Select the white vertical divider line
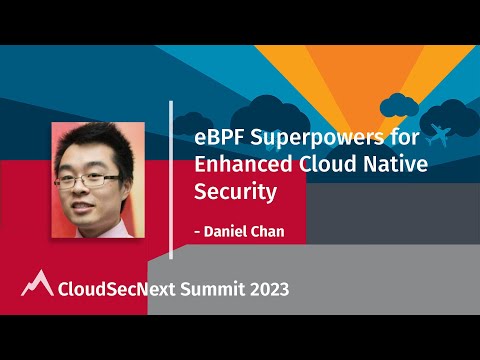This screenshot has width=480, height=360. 172,179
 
